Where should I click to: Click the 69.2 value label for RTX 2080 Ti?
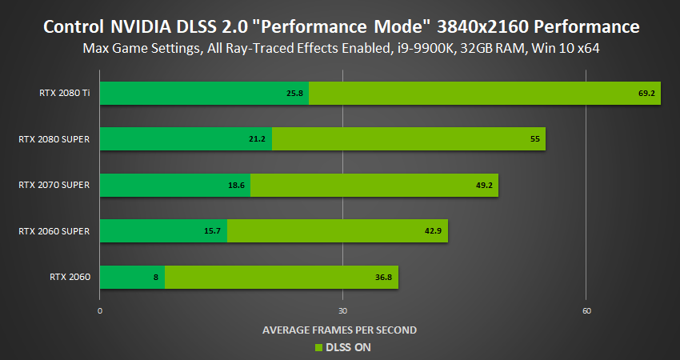point(647,94)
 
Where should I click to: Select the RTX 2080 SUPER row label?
point(54,139)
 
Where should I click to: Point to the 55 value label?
point(536,139)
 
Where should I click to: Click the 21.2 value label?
point(258,139)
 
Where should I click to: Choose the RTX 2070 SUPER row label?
point(54,185)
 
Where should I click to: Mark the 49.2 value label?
point(486,185)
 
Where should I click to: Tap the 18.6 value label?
point(236,185)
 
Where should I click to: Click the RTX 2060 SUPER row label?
point(54,231)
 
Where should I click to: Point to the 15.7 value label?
point(214,231)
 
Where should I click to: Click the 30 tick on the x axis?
point(342,310)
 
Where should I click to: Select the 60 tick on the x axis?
point(586,310)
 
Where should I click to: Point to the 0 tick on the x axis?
point(100,310)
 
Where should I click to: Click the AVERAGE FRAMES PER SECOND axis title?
point(339,330)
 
